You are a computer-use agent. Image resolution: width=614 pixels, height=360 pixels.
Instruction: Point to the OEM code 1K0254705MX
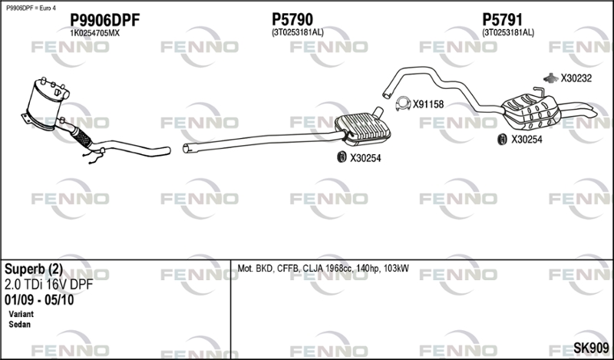[x=95, y=33]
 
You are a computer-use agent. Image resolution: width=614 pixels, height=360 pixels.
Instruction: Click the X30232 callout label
[x=576, y=78]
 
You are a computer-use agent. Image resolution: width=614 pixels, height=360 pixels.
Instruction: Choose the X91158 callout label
[x=428, y=104]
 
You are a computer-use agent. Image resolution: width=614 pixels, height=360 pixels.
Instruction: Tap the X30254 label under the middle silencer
[x=365, y=158]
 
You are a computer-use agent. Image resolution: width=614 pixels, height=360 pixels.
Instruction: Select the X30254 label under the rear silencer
[x=527, y=139]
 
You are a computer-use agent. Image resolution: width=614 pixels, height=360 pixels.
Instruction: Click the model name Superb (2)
[x=34, y=269]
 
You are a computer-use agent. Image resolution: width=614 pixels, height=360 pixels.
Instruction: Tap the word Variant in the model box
[x=21, y=315]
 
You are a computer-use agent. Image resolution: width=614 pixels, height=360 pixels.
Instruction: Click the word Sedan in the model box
[x=19, y=325]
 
